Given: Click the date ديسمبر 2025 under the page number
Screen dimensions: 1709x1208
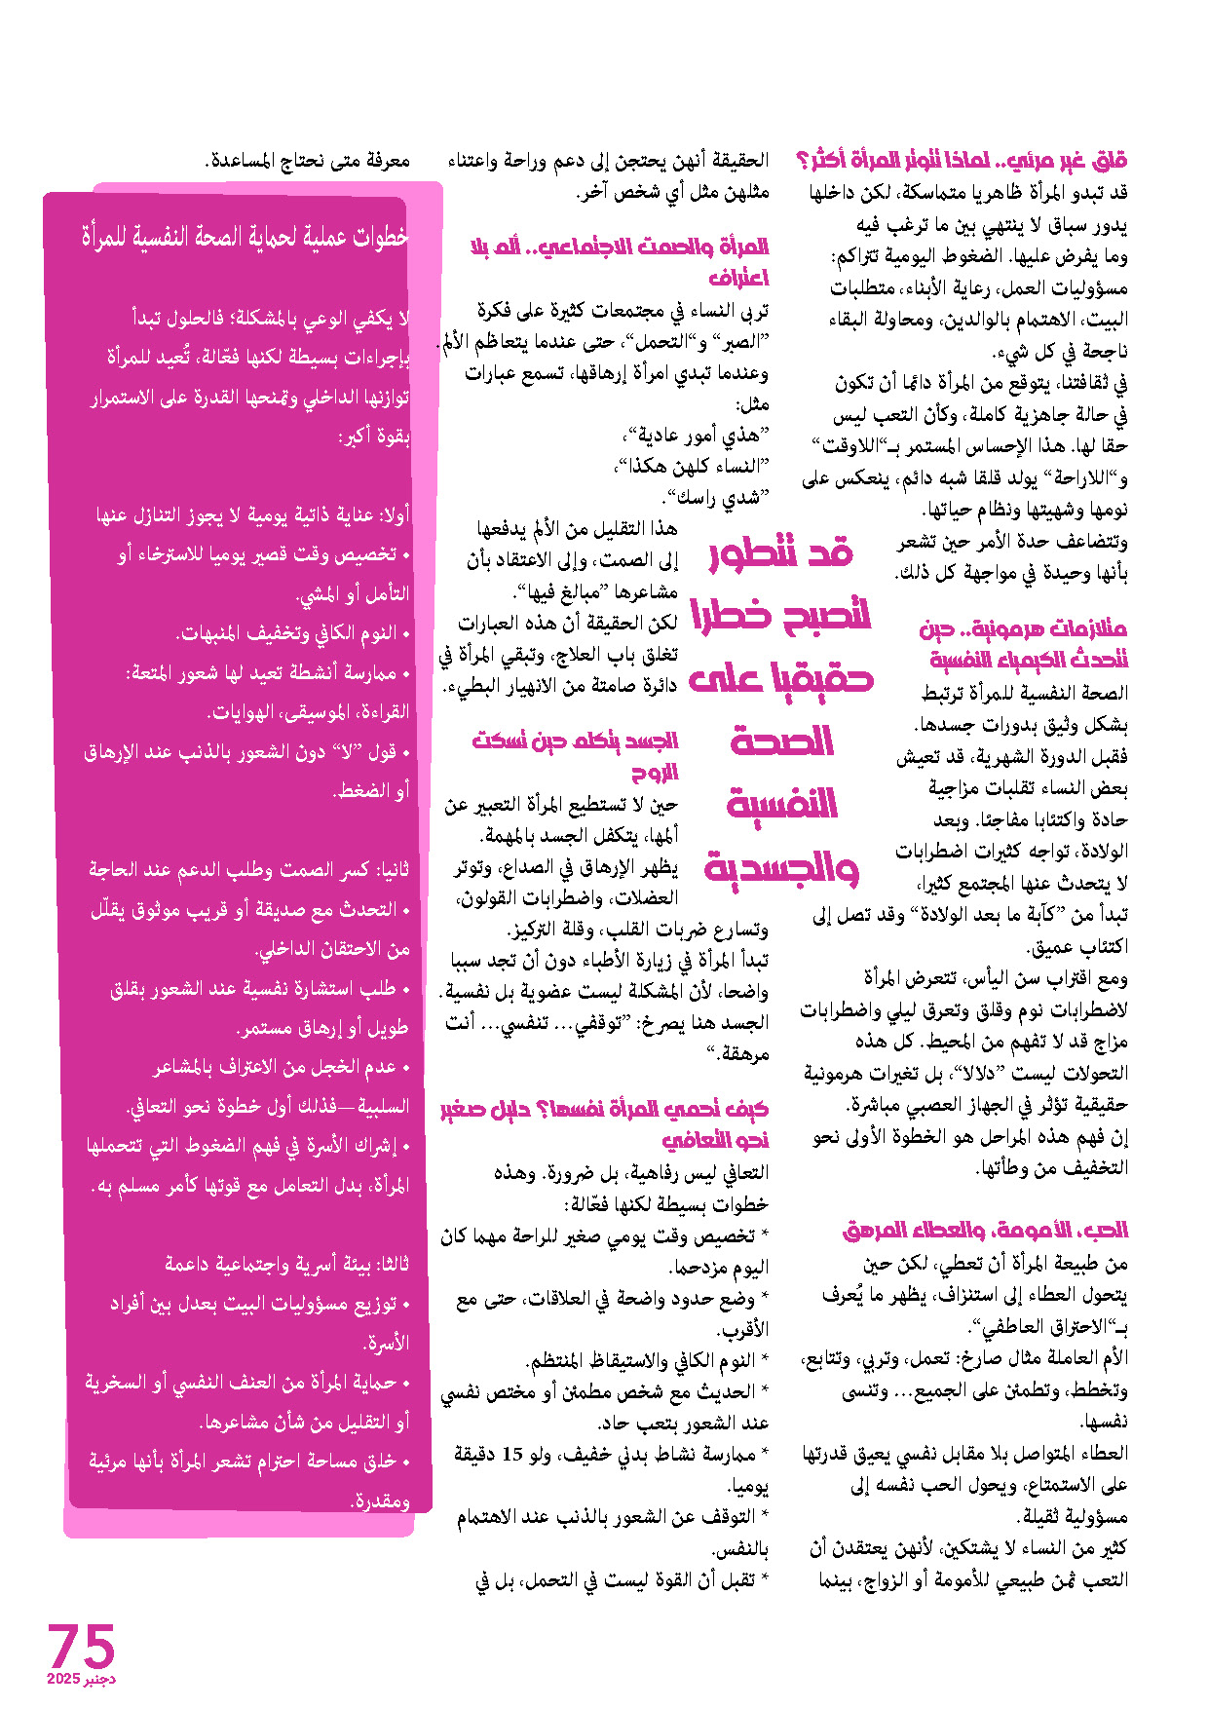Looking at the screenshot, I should (81, 1680).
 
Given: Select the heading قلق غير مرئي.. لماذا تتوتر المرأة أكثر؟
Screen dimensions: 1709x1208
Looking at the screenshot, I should (962, 160).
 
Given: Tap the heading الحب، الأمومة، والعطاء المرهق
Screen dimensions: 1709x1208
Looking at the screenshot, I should (985, 1231).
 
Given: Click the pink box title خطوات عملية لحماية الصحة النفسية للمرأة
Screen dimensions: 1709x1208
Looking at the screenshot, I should (244, 238).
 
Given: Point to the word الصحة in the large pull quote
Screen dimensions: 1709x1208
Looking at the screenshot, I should (782, 741).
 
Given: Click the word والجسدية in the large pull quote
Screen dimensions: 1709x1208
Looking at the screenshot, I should (781, 866).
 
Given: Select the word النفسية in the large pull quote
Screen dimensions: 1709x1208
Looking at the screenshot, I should (782, 804).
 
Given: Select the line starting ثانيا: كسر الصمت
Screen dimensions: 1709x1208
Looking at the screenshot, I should (249, 869).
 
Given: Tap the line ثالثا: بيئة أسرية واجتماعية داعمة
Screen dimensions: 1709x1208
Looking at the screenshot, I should (287, 1265).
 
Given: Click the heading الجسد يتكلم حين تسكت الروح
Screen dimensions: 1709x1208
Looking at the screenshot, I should (575, 755).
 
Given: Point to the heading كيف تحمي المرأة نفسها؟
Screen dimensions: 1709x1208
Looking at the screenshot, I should (604, 1122).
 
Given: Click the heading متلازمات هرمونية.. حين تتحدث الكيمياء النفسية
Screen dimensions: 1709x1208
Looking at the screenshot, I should (1023, 644).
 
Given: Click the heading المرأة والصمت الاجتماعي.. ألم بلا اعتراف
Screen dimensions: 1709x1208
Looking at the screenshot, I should (620, 261).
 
